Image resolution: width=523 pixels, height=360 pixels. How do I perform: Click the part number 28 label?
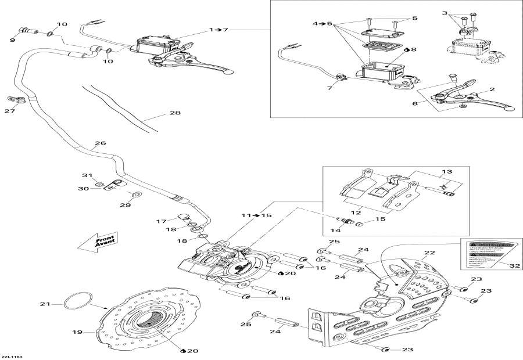coord(174,114)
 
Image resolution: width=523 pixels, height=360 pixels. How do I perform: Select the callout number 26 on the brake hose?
coord(101,143)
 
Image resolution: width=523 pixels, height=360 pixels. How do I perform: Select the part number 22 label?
coord(429,253)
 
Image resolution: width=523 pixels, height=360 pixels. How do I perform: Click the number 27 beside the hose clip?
coord(10,110)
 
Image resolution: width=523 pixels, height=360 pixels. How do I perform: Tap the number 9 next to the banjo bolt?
coord(12,40)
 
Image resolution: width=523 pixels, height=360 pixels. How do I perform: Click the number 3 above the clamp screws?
coord(460,13)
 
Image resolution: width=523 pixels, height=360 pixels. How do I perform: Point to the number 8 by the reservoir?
coord(413,50)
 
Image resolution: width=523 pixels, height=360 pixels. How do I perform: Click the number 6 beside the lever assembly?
coord(415,103)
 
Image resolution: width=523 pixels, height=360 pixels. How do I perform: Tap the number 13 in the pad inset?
coord(446,172)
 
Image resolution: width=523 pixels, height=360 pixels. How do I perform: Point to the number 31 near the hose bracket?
coord(87,176)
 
